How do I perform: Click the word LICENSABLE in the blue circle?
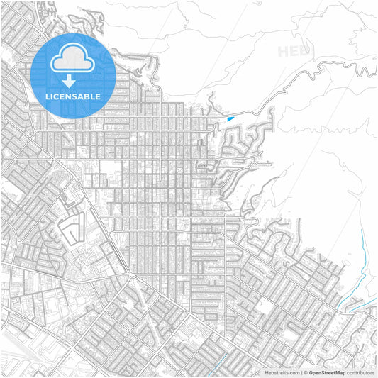pyautogui.click(x=73, y=96)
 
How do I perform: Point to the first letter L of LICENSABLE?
pyautogui.click(x=48, y=96)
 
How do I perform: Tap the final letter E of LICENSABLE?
pyautogui.click(x=99, y=96)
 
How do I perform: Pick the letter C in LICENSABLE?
pyautogui.click(x=57, y=96)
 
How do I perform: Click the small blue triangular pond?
pyautogui.click(x=230, y=118)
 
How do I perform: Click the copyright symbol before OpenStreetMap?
pyautogui.click(x=306, y=372)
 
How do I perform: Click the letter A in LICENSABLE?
pyautogui.click(x=83, y=96)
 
